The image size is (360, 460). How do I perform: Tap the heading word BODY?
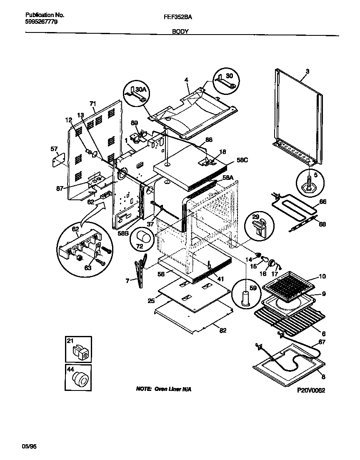(180, 31)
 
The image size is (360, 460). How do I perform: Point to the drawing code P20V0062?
(310, 390)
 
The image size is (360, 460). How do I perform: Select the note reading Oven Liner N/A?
(164, 388)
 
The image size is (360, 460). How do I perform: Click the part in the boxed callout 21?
(79, 352)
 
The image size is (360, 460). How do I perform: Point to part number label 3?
(307, 72)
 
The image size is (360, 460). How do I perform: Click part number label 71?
(93, 103)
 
